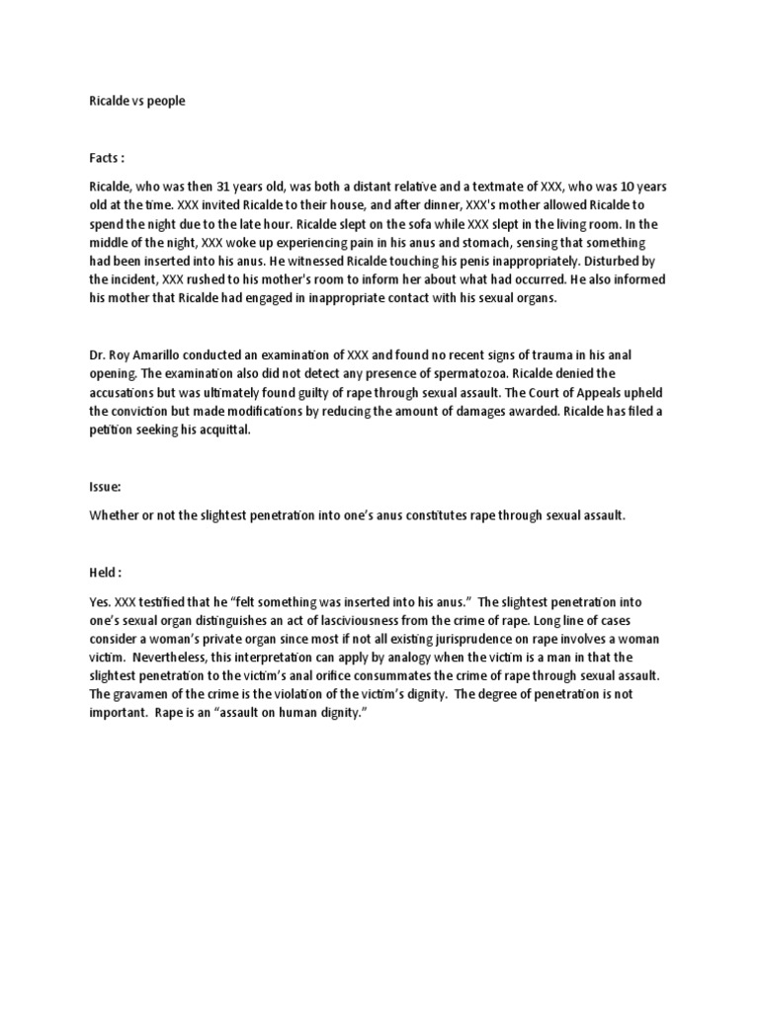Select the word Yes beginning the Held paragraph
tap(100, 601)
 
